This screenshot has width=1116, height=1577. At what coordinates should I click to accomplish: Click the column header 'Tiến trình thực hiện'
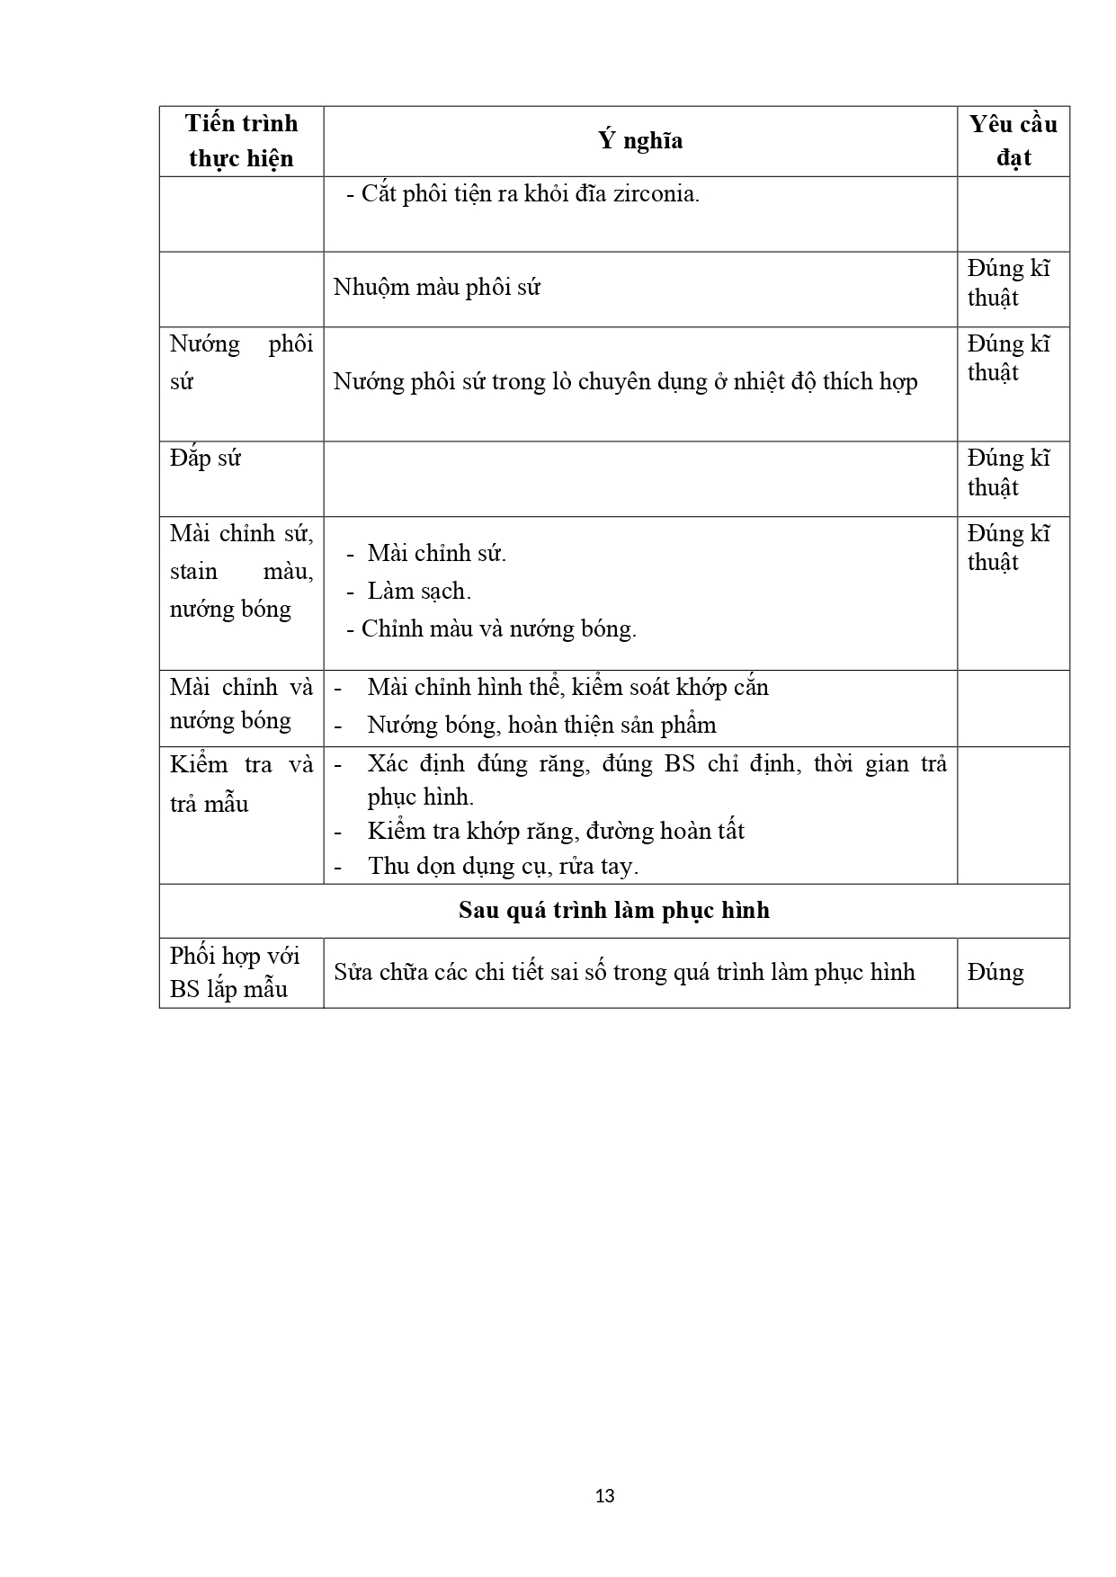pos(241,141)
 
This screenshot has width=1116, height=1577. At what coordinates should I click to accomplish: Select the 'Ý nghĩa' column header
pos(640,140)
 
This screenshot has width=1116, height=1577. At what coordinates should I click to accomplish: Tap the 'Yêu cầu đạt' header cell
pos(1013,141)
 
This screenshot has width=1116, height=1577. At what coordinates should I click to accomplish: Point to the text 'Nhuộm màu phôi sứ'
pos(436,288)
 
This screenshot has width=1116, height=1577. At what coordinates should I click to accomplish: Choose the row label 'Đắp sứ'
pos(205,459)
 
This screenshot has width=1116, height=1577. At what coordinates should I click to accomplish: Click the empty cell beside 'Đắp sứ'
pos(639,478)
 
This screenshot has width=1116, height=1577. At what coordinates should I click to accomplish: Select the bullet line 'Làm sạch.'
pos(419,591)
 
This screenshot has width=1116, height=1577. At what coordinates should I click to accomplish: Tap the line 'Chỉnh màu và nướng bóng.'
pos(498,628)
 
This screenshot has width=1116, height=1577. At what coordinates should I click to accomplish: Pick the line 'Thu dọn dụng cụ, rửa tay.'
pos(503,866)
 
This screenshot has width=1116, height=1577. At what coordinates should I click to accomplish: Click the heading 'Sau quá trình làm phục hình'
pos(614,911)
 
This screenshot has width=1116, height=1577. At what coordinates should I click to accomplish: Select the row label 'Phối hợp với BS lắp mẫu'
pos(235,972)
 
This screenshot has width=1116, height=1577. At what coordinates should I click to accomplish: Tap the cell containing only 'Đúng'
pos(995,972)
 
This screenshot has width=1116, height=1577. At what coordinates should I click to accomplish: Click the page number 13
pos(605,1496)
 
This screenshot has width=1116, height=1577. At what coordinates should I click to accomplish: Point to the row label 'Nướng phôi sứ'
pos(241,362)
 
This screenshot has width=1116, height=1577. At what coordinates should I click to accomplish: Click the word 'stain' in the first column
pos(193,571)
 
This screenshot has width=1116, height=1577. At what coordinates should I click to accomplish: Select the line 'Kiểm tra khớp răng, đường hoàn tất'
pos(556,831)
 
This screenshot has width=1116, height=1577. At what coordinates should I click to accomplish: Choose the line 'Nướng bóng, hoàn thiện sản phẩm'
pos(541,725)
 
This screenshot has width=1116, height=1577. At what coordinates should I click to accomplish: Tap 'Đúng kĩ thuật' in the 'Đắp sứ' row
pos(1008,473)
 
